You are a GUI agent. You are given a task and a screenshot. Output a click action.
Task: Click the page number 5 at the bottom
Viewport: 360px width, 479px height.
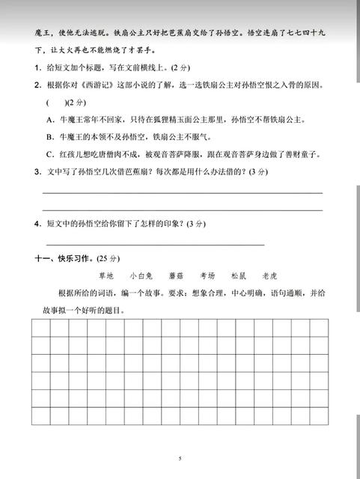click(180, 458)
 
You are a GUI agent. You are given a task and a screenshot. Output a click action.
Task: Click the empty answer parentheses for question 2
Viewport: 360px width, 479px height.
click(56, 103)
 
